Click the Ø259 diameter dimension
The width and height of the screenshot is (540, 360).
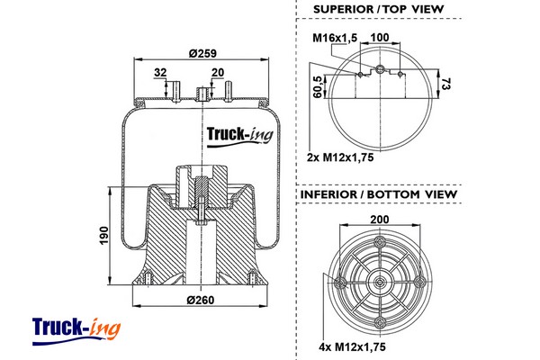tap(206, 53)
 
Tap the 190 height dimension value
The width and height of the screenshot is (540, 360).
tap(104, 236)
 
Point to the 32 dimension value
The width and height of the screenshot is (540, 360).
tap(160, 73)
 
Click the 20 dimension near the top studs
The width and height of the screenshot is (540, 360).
tap(217, 73)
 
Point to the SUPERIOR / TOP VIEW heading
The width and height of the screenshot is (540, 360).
tap(379, 9)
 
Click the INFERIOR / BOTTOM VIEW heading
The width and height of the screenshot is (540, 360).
tap(378, 194)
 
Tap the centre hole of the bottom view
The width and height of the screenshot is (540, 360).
tap(379, 281)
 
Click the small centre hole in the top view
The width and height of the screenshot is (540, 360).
tap(379, 69)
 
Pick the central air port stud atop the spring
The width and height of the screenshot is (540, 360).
tap(201, 92)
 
